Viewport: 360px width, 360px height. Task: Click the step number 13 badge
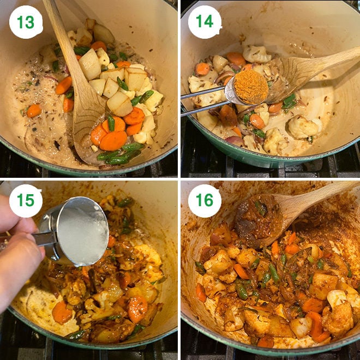(x=26, y=22)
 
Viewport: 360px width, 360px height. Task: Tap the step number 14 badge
(x=205, y=22)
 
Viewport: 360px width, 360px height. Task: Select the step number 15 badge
(x=26, y=201)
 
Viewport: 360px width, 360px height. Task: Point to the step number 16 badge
(x=205, y=201)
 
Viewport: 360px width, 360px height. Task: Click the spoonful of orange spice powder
(x=251, y=86)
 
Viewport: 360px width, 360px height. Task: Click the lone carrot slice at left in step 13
(x=34, y=111)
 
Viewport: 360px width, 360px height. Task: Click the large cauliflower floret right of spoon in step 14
(x=303, y=127)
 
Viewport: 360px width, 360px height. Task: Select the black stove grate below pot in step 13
(x=33, y=166)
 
